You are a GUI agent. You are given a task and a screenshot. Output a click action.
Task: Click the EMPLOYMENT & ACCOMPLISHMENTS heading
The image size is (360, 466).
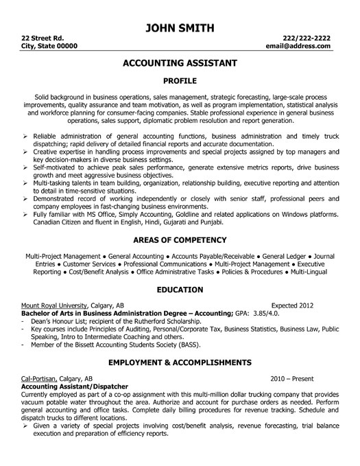point(180,361)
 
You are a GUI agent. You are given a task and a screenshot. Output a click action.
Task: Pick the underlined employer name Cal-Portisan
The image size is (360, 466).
point(39,377)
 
